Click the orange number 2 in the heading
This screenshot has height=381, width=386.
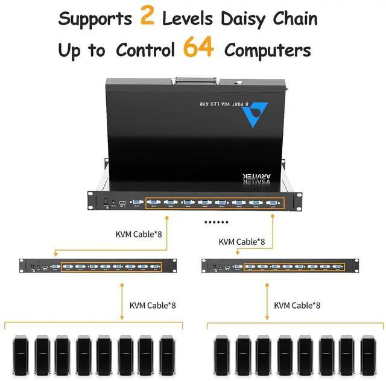(148, 17)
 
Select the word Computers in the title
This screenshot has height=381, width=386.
(268, 49)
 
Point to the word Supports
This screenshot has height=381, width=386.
(95, 19)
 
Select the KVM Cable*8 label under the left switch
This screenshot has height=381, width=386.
(153, 304)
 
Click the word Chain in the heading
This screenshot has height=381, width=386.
(294, 19)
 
